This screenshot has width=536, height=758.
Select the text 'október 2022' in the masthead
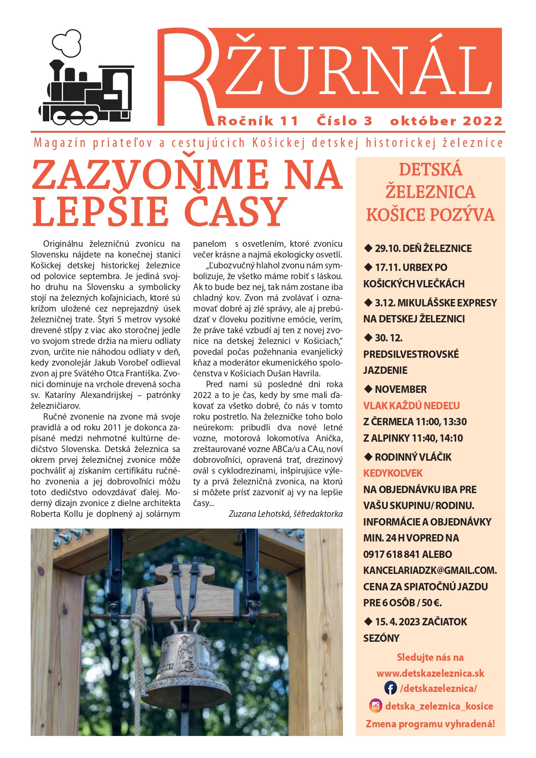pos(446,121)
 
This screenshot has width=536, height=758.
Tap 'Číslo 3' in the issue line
pos(344,121)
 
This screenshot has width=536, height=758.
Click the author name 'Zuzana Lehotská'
pos(259,514)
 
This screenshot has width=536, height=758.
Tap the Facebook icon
pos(390,688)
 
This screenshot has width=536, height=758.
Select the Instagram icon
pos(376,706)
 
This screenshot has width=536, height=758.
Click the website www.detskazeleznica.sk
pos(430,673)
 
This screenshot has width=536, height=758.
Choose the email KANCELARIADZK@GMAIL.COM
pos(430,570)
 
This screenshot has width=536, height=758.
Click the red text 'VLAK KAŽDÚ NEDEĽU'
pos(411,406)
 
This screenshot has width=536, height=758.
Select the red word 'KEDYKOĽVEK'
pos(393,473)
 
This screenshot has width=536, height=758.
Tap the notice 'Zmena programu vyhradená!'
pos(430,724)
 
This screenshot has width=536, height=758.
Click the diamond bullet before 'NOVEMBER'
pos(368,389)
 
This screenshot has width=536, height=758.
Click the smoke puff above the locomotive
pos(67,43)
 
